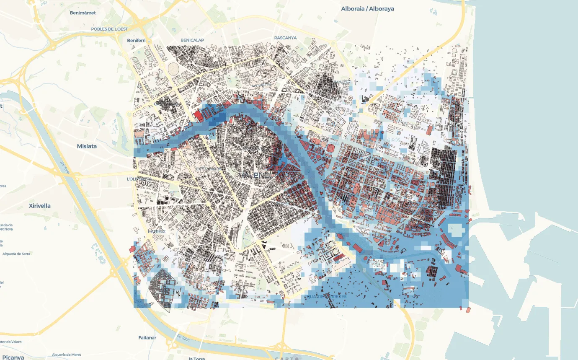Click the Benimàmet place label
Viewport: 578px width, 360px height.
[x=83, y=13]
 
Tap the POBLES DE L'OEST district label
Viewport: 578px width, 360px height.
[x=109, y=29]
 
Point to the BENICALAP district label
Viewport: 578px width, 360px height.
[x=192, y=40]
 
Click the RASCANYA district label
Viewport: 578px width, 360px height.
[x=285, y=38]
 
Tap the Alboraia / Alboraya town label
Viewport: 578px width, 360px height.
[x=367, y=9]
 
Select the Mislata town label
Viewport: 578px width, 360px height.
[x=87, y=146]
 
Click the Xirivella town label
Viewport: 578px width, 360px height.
[x=40, y=206]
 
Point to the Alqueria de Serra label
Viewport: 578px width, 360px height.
[x=16, y=254]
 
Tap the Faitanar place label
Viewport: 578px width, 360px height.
[x=147, y=337]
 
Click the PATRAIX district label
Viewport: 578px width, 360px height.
[x=157, y=231]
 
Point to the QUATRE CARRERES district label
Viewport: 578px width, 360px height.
[x=326, y=297]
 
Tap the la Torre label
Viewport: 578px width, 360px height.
[x=196, y=358]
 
